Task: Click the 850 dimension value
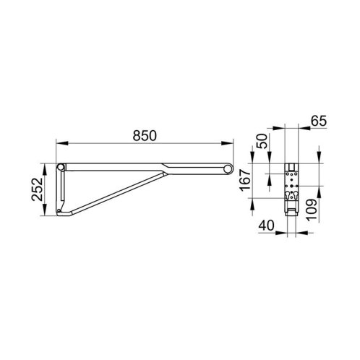pyautogui.click(x=145, y=135)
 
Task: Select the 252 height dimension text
pyautogui.click(x=37, y=189)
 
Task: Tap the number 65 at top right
pyautogui.click(x=319, y=121)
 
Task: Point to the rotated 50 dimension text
pyautogui.click(x=262, y=141)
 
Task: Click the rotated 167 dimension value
pyautogui.click(x=246, y=180)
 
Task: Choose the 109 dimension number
pyautogui.click(x=312, y=209)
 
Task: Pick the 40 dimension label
pyautogui.click(x=266, y=226)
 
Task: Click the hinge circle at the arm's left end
pyautogui.click(x=61, y=167)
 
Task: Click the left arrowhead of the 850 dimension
pyautogui.click(x=61, y=143)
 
